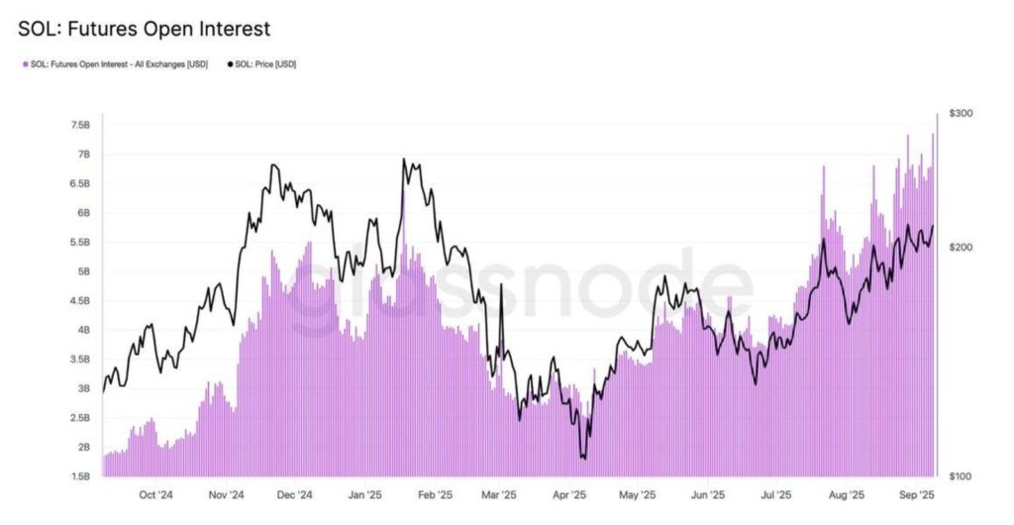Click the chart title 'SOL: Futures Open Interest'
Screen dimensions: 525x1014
(144, 29)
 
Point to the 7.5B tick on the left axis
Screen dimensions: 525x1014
(80, 125)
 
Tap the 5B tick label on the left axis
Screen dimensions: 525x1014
(82, 271)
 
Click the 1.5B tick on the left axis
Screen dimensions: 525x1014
(80, 476)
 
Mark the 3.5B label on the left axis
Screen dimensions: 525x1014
(80, 360)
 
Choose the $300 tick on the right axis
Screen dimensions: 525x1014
(961, 114)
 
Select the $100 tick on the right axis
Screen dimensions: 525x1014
(961, 476)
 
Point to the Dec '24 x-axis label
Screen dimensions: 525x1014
(294, 494)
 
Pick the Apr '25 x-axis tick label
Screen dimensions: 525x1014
(567, 494)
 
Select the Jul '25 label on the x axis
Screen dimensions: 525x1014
(775, 494)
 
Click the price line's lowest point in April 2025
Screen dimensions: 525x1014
(584, 459)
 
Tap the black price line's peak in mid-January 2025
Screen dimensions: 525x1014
(404, 158)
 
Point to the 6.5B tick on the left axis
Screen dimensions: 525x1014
(80, 183)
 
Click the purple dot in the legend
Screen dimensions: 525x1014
(25, 64)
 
